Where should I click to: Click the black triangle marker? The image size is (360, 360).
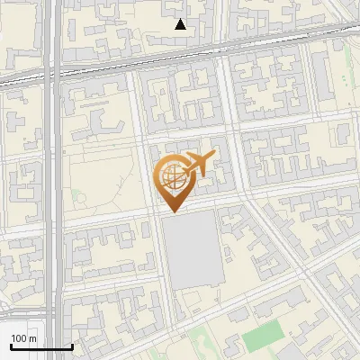[181, 24]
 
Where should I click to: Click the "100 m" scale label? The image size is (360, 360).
[24, 338]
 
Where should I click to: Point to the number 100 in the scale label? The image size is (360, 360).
[19, 338]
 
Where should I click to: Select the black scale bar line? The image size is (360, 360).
[41, 347]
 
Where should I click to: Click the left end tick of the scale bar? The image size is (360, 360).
[11, 346]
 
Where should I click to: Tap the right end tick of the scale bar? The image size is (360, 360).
[72, 346]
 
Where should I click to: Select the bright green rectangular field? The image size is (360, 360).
[262, 337]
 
